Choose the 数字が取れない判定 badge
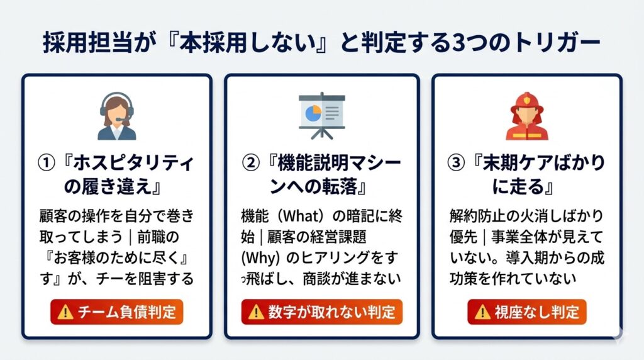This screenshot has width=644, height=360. pos(321,312)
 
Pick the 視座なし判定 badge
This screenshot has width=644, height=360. pos(526,312)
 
